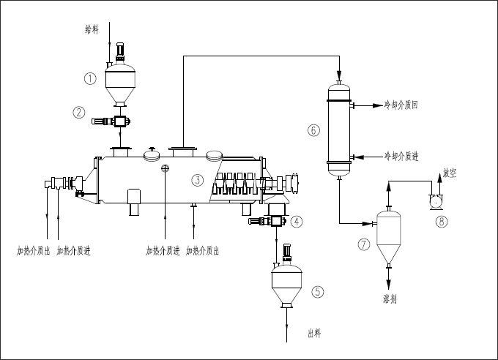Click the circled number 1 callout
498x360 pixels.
click(90, 78)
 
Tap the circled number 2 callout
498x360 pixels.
click(80, 113)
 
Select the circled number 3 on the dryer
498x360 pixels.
click(197, 179)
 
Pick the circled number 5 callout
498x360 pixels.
click(317, 291)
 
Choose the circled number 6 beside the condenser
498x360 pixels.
click(313, 131)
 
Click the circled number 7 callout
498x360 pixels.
click(365, 244)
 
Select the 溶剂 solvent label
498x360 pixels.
click(390, 299)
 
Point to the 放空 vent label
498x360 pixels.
click(450, 173)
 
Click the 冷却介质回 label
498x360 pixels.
click(401, 105)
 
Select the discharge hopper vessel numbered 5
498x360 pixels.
click(286, 286)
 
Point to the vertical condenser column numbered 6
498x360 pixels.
click(339, 130)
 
